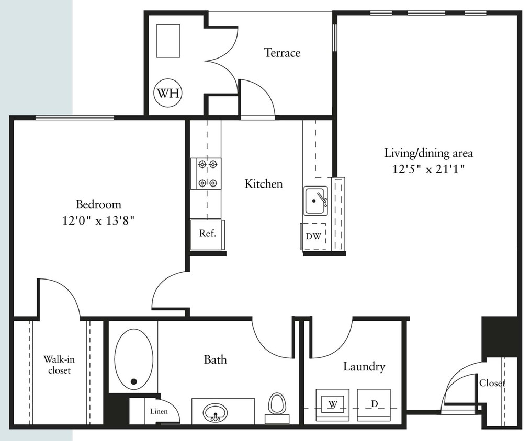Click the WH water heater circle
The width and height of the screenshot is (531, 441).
168,92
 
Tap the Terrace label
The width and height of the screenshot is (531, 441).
282,53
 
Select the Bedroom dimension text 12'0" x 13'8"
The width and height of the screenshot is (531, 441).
98,221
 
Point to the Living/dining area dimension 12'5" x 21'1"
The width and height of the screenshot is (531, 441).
428,168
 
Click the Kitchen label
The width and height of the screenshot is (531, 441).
264,184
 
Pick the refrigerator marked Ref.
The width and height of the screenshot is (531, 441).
207,235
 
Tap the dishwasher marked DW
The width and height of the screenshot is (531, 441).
313,236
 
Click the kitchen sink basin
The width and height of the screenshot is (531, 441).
315,201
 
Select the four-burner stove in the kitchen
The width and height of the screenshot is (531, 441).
206,173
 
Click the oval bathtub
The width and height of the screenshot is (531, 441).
134,359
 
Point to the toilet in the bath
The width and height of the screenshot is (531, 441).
277,408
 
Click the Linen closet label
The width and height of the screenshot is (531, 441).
159,411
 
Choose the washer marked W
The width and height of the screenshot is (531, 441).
333,405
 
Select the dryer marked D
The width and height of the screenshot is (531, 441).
374,405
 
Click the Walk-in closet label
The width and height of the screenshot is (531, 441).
59,365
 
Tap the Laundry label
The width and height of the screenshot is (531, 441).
364,367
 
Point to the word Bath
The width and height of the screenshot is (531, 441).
216,359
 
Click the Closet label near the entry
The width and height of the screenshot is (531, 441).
492,383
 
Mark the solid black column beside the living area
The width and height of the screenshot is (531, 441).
499,338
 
